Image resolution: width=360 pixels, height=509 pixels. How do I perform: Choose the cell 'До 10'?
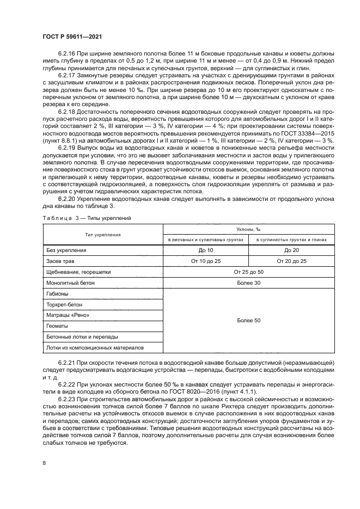[206, 250]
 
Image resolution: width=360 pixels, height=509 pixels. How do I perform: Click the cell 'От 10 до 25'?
[206, 261]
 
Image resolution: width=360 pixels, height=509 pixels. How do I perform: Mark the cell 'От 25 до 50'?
[248, 272]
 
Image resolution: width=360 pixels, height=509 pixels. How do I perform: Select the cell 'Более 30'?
[248, 283]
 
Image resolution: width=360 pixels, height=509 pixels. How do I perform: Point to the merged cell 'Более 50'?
[248, 321]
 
